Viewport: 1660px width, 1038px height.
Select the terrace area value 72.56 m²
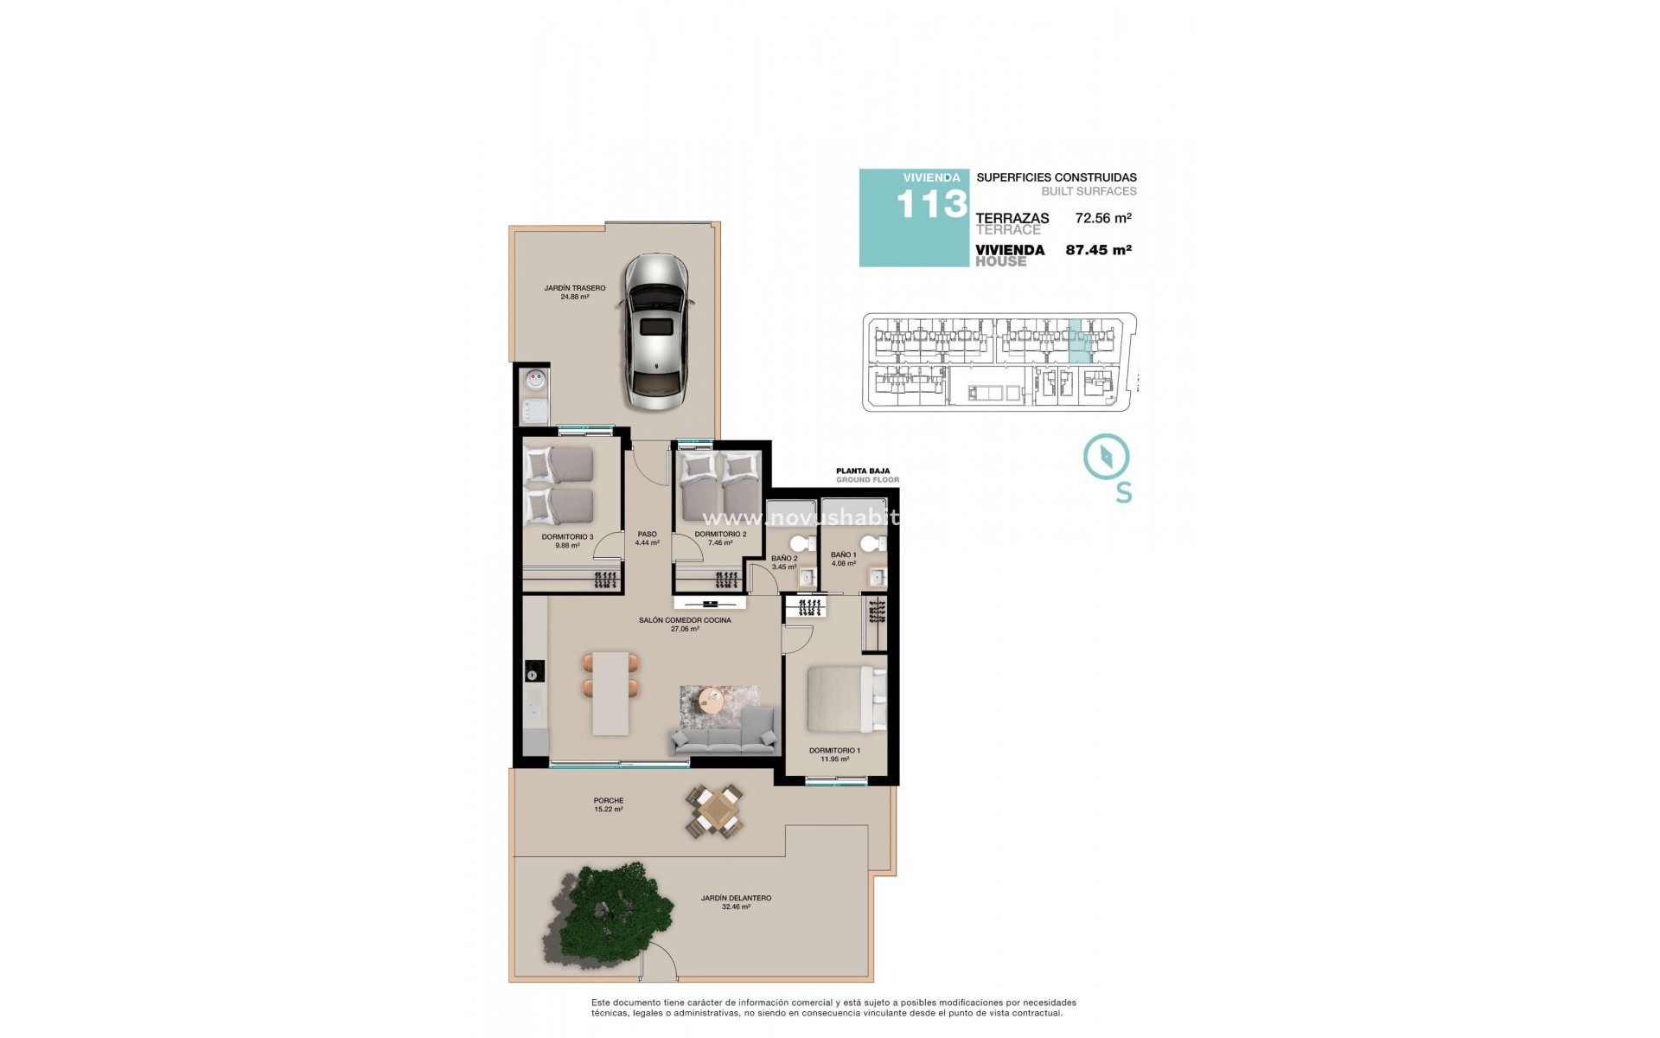tap(1103, 219)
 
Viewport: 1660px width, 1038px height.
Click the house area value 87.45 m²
tap(1099, 250)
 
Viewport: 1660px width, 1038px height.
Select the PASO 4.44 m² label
tap(647, 538)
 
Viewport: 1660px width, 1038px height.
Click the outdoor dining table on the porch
tap(715, 811)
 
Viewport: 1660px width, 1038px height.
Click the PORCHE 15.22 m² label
tap(609, 804)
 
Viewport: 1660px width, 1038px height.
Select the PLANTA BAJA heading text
tap(867, 471)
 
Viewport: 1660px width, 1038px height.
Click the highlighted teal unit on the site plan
tap(1079, 341)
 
